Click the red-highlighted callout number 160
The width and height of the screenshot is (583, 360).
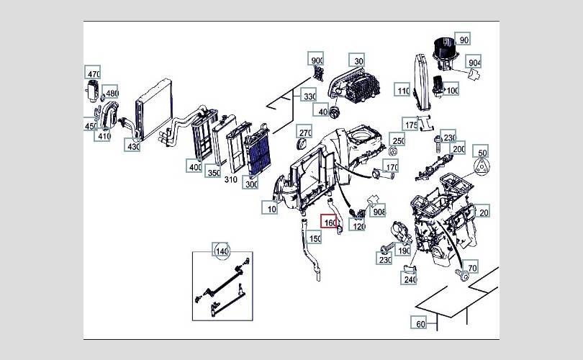pyautogui.click(x=330, y=222)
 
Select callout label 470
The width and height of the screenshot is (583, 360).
pyautogui.click(x=94, y=73)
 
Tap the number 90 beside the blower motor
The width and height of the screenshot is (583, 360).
pyautogui.click(x=464, y=40)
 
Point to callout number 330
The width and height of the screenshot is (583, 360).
pyautogui.click(x=309, y=96)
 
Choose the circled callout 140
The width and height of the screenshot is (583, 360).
pyautogui.click(x=221, y=251)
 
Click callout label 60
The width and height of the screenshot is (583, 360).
pyautogui.click(x=420, y=323)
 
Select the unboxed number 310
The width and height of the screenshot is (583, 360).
pyautogui.click(x=230, y=179)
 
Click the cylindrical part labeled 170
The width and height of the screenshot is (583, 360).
pyautogui.click(x=379, y=173)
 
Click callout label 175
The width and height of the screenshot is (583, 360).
pyautogui.click(x=411, y=125)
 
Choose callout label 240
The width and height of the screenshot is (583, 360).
pyautogui.click(x=410, y=279)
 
